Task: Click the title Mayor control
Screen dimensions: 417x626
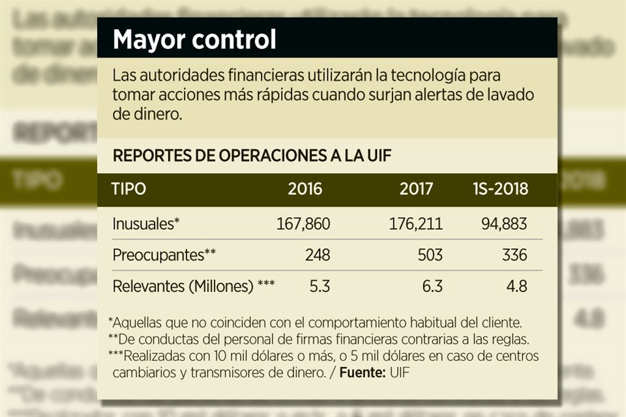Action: coord(194,40)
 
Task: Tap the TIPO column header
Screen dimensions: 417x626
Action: coord(128,190)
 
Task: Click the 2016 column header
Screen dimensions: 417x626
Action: coord(305,190)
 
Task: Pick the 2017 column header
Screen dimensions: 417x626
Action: coord(416,190)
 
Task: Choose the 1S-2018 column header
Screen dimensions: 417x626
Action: coord(499,190)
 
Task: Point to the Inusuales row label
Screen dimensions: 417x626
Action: coord(145,225)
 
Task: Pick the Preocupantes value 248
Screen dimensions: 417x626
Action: coord(318,255)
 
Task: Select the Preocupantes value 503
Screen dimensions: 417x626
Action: coord(430,255)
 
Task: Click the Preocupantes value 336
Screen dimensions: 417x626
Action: coord(514,255)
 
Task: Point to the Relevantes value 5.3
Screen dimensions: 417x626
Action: coord(320,286)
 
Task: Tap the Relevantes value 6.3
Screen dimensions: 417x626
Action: coord(432,286)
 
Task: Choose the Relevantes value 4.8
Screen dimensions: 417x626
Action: coord(516,286)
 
